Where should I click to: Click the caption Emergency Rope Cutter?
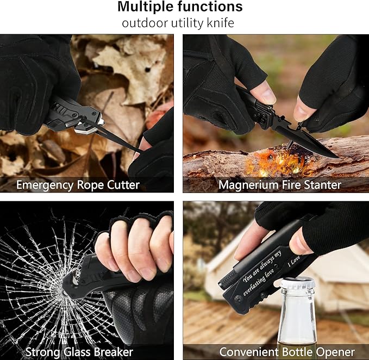(x=78, y=185)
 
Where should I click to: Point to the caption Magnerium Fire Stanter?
(x=279, y=185)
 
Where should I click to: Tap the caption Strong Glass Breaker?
(x=79, y=352)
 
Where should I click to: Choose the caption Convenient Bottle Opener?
(x=286, y=352)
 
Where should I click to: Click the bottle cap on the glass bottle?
(x=297, y=284)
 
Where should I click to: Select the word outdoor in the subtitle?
(x=142, y=23)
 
